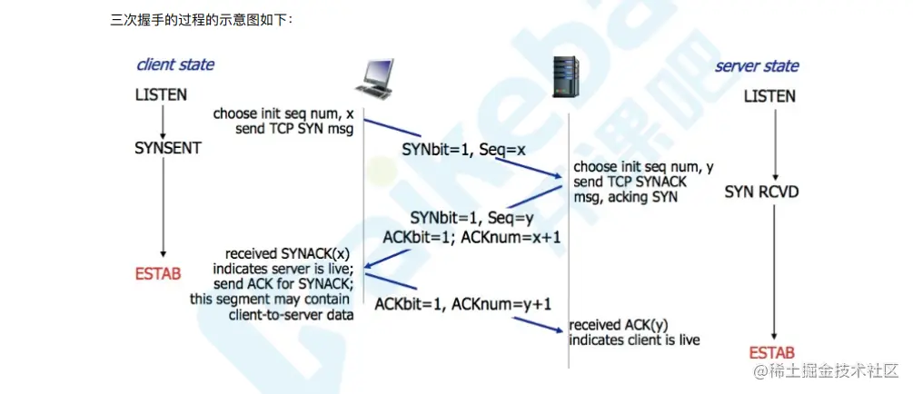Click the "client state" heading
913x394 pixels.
(175, 64)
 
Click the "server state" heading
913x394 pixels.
(757, 66)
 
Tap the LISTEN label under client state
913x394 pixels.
(162, 94)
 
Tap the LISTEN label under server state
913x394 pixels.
(769, 96)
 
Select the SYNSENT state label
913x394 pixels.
(167, 146)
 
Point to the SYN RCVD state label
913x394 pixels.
(761, 192)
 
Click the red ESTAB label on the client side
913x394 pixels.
(159, 272)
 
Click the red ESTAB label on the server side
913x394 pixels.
(772, 351)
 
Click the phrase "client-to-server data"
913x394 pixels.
(290, 314)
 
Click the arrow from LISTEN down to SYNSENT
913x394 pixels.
(163, 120)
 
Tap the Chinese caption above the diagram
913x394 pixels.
(202, 19)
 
